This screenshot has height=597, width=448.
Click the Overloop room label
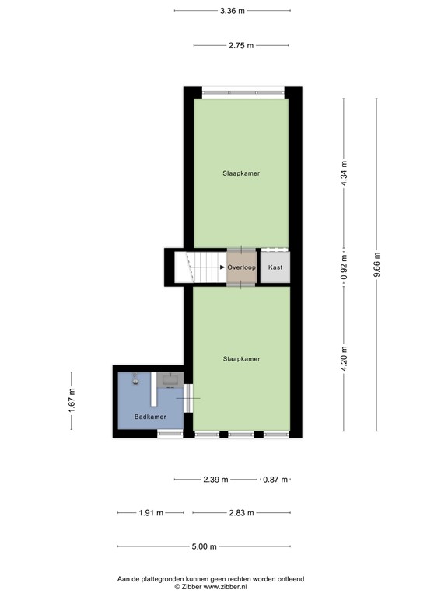(241, 267)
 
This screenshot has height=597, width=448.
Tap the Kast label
(275, 267)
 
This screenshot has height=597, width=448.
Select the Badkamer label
(150, 417)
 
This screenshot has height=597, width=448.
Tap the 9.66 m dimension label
(376, 264)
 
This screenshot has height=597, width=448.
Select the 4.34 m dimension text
(345, 173)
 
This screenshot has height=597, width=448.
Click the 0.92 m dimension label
(345, 267)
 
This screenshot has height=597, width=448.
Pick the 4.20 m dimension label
(345, 359)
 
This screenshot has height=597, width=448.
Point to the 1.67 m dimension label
(72, 401)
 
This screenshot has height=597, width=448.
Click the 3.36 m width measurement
(232, 11)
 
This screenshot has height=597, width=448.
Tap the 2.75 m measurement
(241, 46)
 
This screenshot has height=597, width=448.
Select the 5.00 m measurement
(204, 547)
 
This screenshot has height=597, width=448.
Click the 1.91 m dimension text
(151, 513)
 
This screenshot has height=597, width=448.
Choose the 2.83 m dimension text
(241, 513)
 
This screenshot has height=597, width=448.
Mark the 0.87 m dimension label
(275, 480)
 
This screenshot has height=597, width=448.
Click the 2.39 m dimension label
(215, 480)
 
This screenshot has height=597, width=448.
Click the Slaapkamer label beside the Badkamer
(241, 359)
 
